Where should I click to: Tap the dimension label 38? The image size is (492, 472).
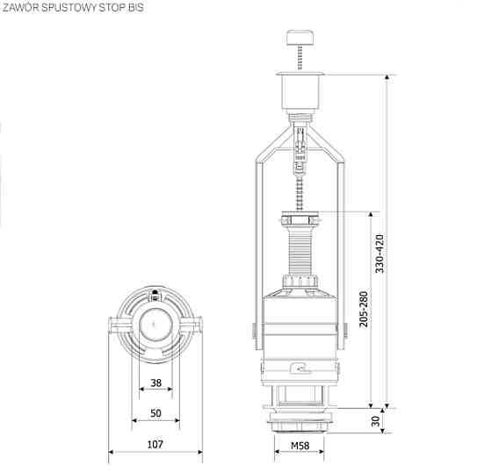click(155, 383)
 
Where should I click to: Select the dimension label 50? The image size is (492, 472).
click(155, 412)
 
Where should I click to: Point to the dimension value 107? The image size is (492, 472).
click(155, 445)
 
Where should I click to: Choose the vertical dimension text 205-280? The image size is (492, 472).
click(364, 310)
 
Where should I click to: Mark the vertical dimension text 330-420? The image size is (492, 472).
click(380, 254)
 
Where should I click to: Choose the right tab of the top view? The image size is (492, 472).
click(197, 327)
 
